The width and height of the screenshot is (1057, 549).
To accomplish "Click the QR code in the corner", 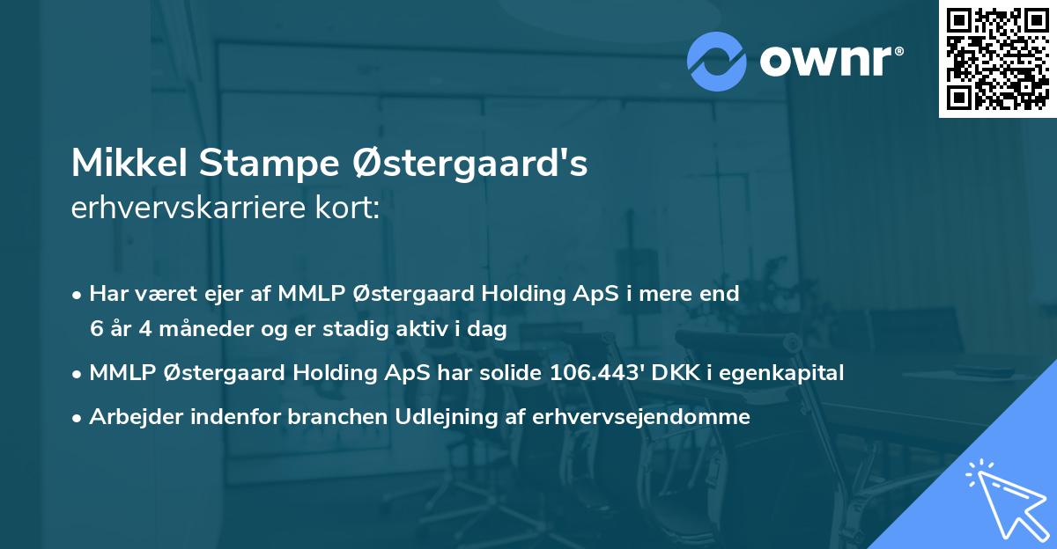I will click(x=997, y=58).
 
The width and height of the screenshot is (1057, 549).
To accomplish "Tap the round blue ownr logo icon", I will click(x=717, y=62).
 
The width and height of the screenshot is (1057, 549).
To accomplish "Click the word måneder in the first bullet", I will click(x=200, y=330).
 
